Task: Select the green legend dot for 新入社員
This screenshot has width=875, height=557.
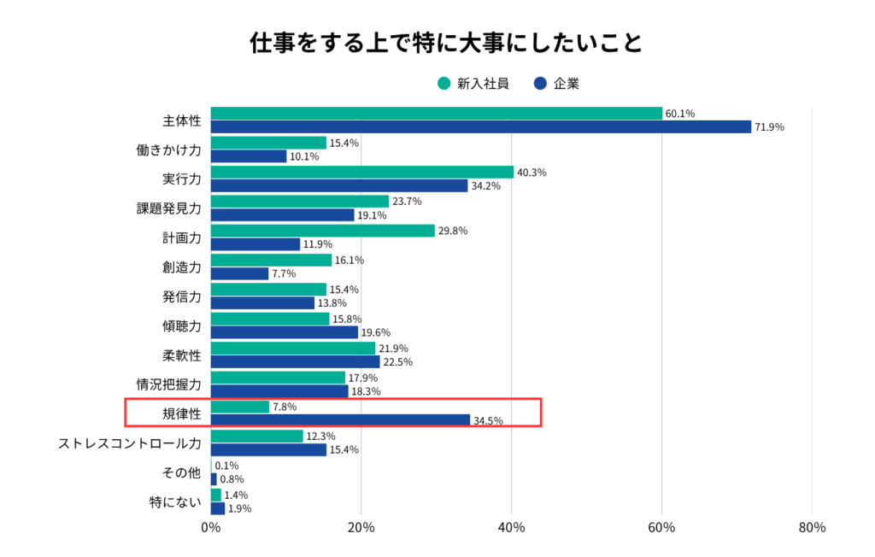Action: point(443,84)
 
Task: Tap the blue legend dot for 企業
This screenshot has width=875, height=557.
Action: point(539,84)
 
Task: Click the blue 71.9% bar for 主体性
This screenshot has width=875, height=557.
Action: point(481,127)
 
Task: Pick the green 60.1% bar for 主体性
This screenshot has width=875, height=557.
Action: point(437,114)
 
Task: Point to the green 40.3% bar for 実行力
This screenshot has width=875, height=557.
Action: point(362,172)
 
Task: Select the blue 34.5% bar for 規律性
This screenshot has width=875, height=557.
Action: point(340,420)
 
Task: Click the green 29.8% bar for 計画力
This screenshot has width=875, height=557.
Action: point(323,231)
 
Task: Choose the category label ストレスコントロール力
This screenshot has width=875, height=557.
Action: point(130,443)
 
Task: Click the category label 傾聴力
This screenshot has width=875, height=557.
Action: point(181,326)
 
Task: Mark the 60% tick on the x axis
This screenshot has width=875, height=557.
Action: point(661,528)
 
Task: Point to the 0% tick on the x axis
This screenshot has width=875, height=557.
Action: point(211,528)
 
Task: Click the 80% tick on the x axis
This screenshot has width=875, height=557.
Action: point(812,528)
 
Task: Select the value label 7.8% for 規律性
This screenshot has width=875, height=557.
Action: point(285,407)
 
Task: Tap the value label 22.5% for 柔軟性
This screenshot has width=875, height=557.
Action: point(398,362)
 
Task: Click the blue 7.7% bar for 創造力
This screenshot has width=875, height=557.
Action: point(239,274)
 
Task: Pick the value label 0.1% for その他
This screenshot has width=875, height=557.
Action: point(227,466)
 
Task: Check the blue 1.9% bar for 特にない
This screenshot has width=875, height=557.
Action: point(218,508)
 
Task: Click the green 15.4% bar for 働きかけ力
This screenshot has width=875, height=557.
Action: point(268,143)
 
